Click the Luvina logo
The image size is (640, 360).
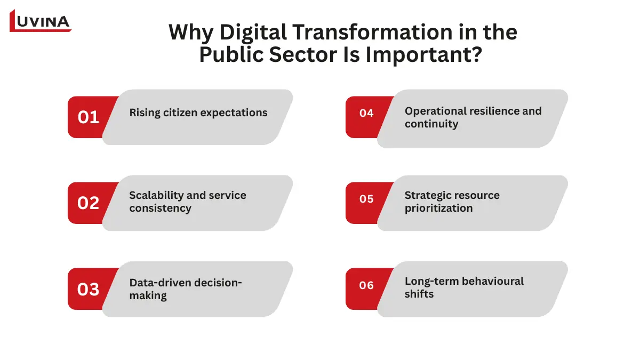pyautogui.click(x=41, y=21)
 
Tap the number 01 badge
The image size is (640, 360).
pyautogui.click(x=89, y=117)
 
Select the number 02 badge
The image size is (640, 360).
pyautogui.click(x=89, y=203)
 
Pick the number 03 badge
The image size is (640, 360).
pyautogui.click(x=89, y=289)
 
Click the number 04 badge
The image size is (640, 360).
pyautogui.click(x=366, y=113)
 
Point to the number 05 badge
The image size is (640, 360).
pyautogui.click(x=366, y=199)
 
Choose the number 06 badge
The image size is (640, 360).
pyautogui.click(x=366, y=285)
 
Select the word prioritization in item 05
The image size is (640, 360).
pyautogui.click(x=438, y=208)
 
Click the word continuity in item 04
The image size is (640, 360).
pyautogui.click(x=431, y=124)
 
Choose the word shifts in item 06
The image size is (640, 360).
pyautogui.click(x=419, y=294)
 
